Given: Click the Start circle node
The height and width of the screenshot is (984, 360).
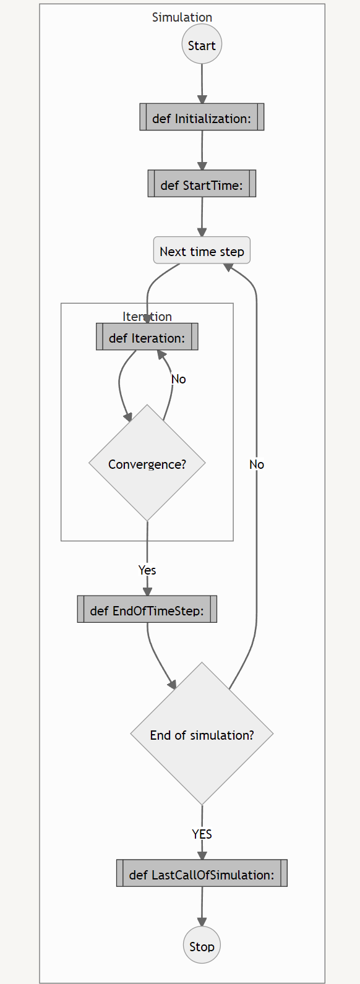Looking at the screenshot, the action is point(202,45).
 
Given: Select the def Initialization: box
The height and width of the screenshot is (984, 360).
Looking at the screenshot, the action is point(202,117).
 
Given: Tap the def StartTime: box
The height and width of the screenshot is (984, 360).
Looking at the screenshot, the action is point(202,184).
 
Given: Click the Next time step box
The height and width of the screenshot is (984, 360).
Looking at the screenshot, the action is point(202,250).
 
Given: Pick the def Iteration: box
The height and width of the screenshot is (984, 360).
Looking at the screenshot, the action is point(147,336).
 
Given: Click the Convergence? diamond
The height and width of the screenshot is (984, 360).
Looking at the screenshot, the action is point(147,463).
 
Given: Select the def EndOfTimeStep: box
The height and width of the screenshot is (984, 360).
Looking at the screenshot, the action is point(147,609).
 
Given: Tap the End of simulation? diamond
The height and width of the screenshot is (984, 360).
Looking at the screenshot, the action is point(202,734).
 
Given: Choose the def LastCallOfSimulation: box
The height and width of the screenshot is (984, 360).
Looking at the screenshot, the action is point(202,873).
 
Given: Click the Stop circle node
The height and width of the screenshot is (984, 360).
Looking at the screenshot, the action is point(202,945).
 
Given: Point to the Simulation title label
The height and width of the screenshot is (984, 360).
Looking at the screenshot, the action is point(182,17).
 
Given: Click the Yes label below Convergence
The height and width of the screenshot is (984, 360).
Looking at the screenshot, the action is point(147,570).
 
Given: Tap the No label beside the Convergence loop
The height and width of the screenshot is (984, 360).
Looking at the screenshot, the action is point(179,379).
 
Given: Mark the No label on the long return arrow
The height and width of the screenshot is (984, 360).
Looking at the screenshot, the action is point(257,464).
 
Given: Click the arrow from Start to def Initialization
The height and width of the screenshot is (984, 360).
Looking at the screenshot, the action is point(202,84).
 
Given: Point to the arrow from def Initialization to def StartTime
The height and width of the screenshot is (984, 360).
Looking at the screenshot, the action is point(202,150).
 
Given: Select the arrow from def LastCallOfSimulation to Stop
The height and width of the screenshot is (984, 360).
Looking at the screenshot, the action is point(202,907).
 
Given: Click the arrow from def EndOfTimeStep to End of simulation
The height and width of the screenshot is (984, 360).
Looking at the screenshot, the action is point(158,656).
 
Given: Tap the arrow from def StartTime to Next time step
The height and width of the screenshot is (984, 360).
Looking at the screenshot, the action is point(202,217).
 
